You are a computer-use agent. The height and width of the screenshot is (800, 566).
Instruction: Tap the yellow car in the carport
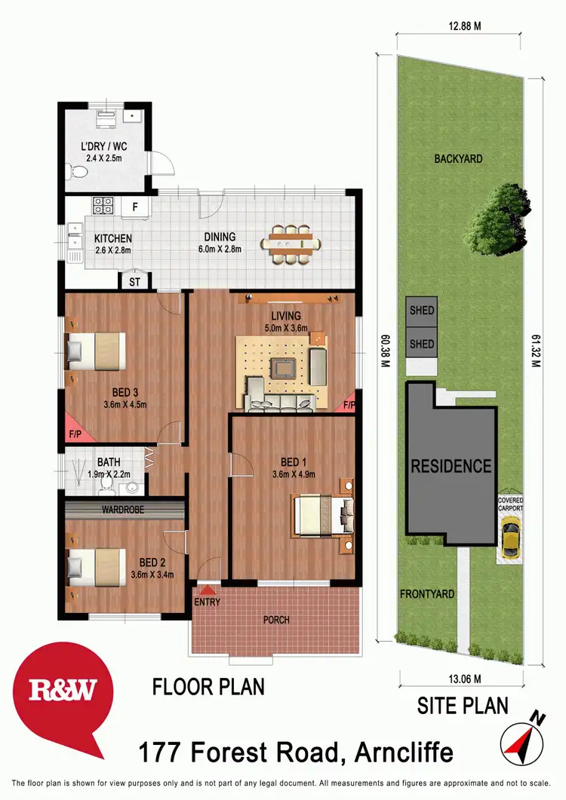pyautogui.click(x=510, y=541)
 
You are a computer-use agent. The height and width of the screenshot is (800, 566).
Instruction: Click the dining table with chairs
pyautogui.click(x=291, y=244)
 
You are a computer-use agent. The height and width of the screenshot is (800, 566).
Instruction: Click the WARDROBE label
pyautogui.click(x=124, y=510)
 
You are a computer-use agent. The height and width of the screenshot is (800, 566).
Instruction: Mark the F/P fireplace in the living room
pyautogui.click(x=349, y=405)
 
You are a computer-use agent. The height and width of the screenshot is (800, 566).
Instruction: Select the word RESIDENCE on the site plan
pyautogui.click(x=451, y=466)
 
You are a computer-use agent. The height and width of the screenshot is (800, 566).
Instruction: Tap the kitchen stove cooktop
pyautogui.click(x=103, y=204)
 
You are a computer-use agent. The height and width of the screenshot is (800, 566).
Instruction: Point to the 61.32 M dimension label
pyautogui.click(x=537, y=352)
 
